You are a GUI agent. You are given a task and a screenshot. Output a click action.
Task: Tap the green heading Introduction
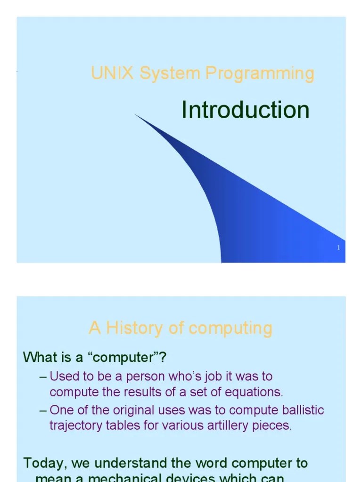tap(246, 110)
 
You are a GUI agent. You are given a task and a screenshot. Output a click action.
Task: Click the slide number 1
tap(338, 248)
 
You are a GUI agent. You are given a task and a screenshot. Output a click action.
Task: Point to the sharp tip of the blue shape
tap(136, 114)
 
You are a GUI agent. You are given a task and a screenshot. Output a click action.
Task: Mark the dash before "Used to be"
tap(43, 377)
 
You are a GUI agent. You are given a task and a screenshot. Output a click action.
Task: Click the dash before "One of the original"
tap(43, 410)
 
